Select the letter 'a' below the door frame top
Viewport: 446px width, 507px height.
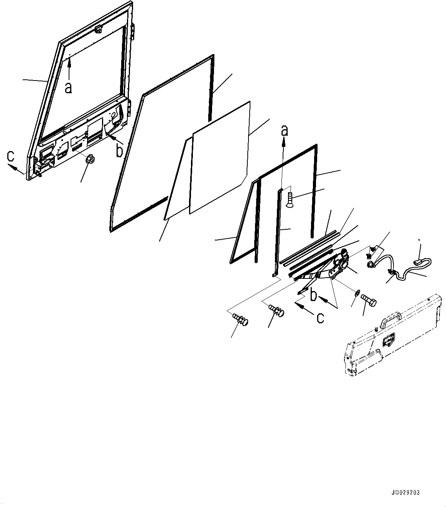(x=68, y=88)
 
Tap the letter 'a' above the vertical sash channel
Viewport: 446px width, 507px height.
(x=284, y=131)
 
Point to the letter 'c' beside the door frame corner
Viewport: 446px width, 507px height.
(x=12, y=156)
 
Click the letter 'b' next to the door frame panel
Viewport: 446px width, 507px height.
(x=120, y=151)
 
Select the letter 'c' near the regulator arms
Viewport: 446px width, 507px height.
(x=320, y=318)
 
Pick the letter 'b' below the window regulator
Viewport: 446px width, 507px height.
(x=314, y=295)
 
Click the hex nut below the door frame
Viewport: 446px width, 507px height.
(x=91, y=160)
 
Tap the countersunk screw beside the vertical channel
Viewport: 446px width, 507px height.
(x=290, y=199)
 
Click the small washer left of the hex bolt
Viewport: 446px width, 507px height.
(x=356, y=294)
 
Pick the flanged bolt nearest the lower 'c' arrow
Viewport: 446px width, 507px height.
(x=277, y=310)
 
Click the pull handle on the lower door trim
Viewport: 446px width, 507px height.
(x=390, y=318)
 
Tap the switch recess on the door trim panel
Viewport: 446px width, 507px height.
(x=389, y=339)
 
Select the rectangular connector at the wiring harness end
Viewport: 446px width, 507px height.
(x=420, y=263)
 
